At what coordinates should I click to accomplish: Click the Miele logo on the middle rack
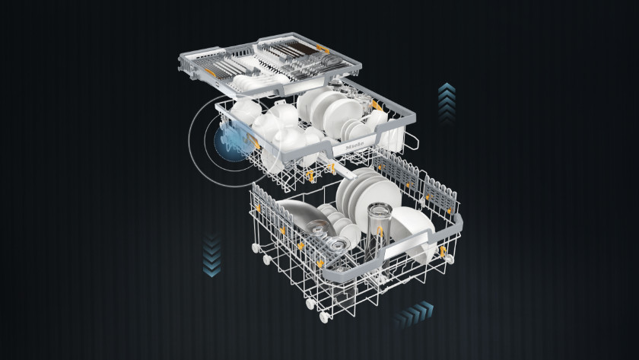(x=354, y=145)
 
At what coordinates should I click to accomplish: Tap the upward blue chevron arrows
(x=447, y=103)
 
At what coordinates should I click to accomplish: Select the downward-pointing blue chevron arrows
(x=212, y=255)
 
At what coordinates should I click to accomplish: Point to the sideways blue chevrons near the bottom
(x=413, y=314)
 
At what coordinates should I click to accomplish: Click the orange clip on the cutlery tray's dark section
(x=323, y=49)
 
